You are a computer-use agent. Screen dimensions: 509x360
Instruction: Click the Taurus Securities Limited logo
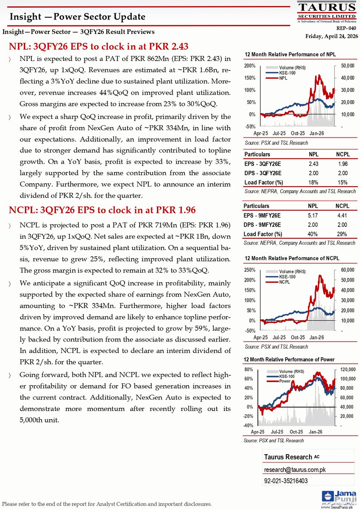click(327, 12)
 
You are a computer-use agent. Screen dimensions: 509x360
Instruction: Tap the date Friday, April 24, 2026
click(332, 36)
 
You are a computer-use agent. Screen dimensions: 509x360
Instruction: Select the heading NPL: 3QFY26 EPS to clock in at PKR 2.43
click(99, 46)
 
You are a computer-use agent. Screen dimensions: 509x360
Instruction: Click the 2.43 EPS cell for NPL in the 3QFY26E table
click(313, 164)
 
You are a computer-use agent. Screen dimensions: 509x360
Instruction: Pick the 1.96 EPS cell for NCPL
click(342, 164)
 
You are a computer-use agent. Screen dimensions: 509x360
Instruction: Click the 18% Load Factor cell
click(313, 182)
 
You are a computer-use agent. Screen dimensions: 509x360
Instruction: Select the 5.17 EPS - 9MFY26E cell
click(313, 215)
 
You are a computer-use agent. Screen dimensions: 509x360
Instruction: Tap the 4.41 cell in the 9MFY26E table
click(342, 215)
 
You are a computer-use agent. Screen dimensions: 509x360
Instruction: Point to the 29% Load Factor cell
click(342, 234)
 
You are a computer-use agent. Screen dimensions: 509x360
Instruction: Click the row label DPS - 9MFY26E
click(262, 225)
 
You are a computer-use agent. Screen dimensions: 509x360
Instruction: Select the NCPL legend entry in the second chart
click(286, 281)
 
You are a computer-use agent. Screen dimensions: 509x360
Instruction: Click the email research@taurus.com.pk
click(295, 470)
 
